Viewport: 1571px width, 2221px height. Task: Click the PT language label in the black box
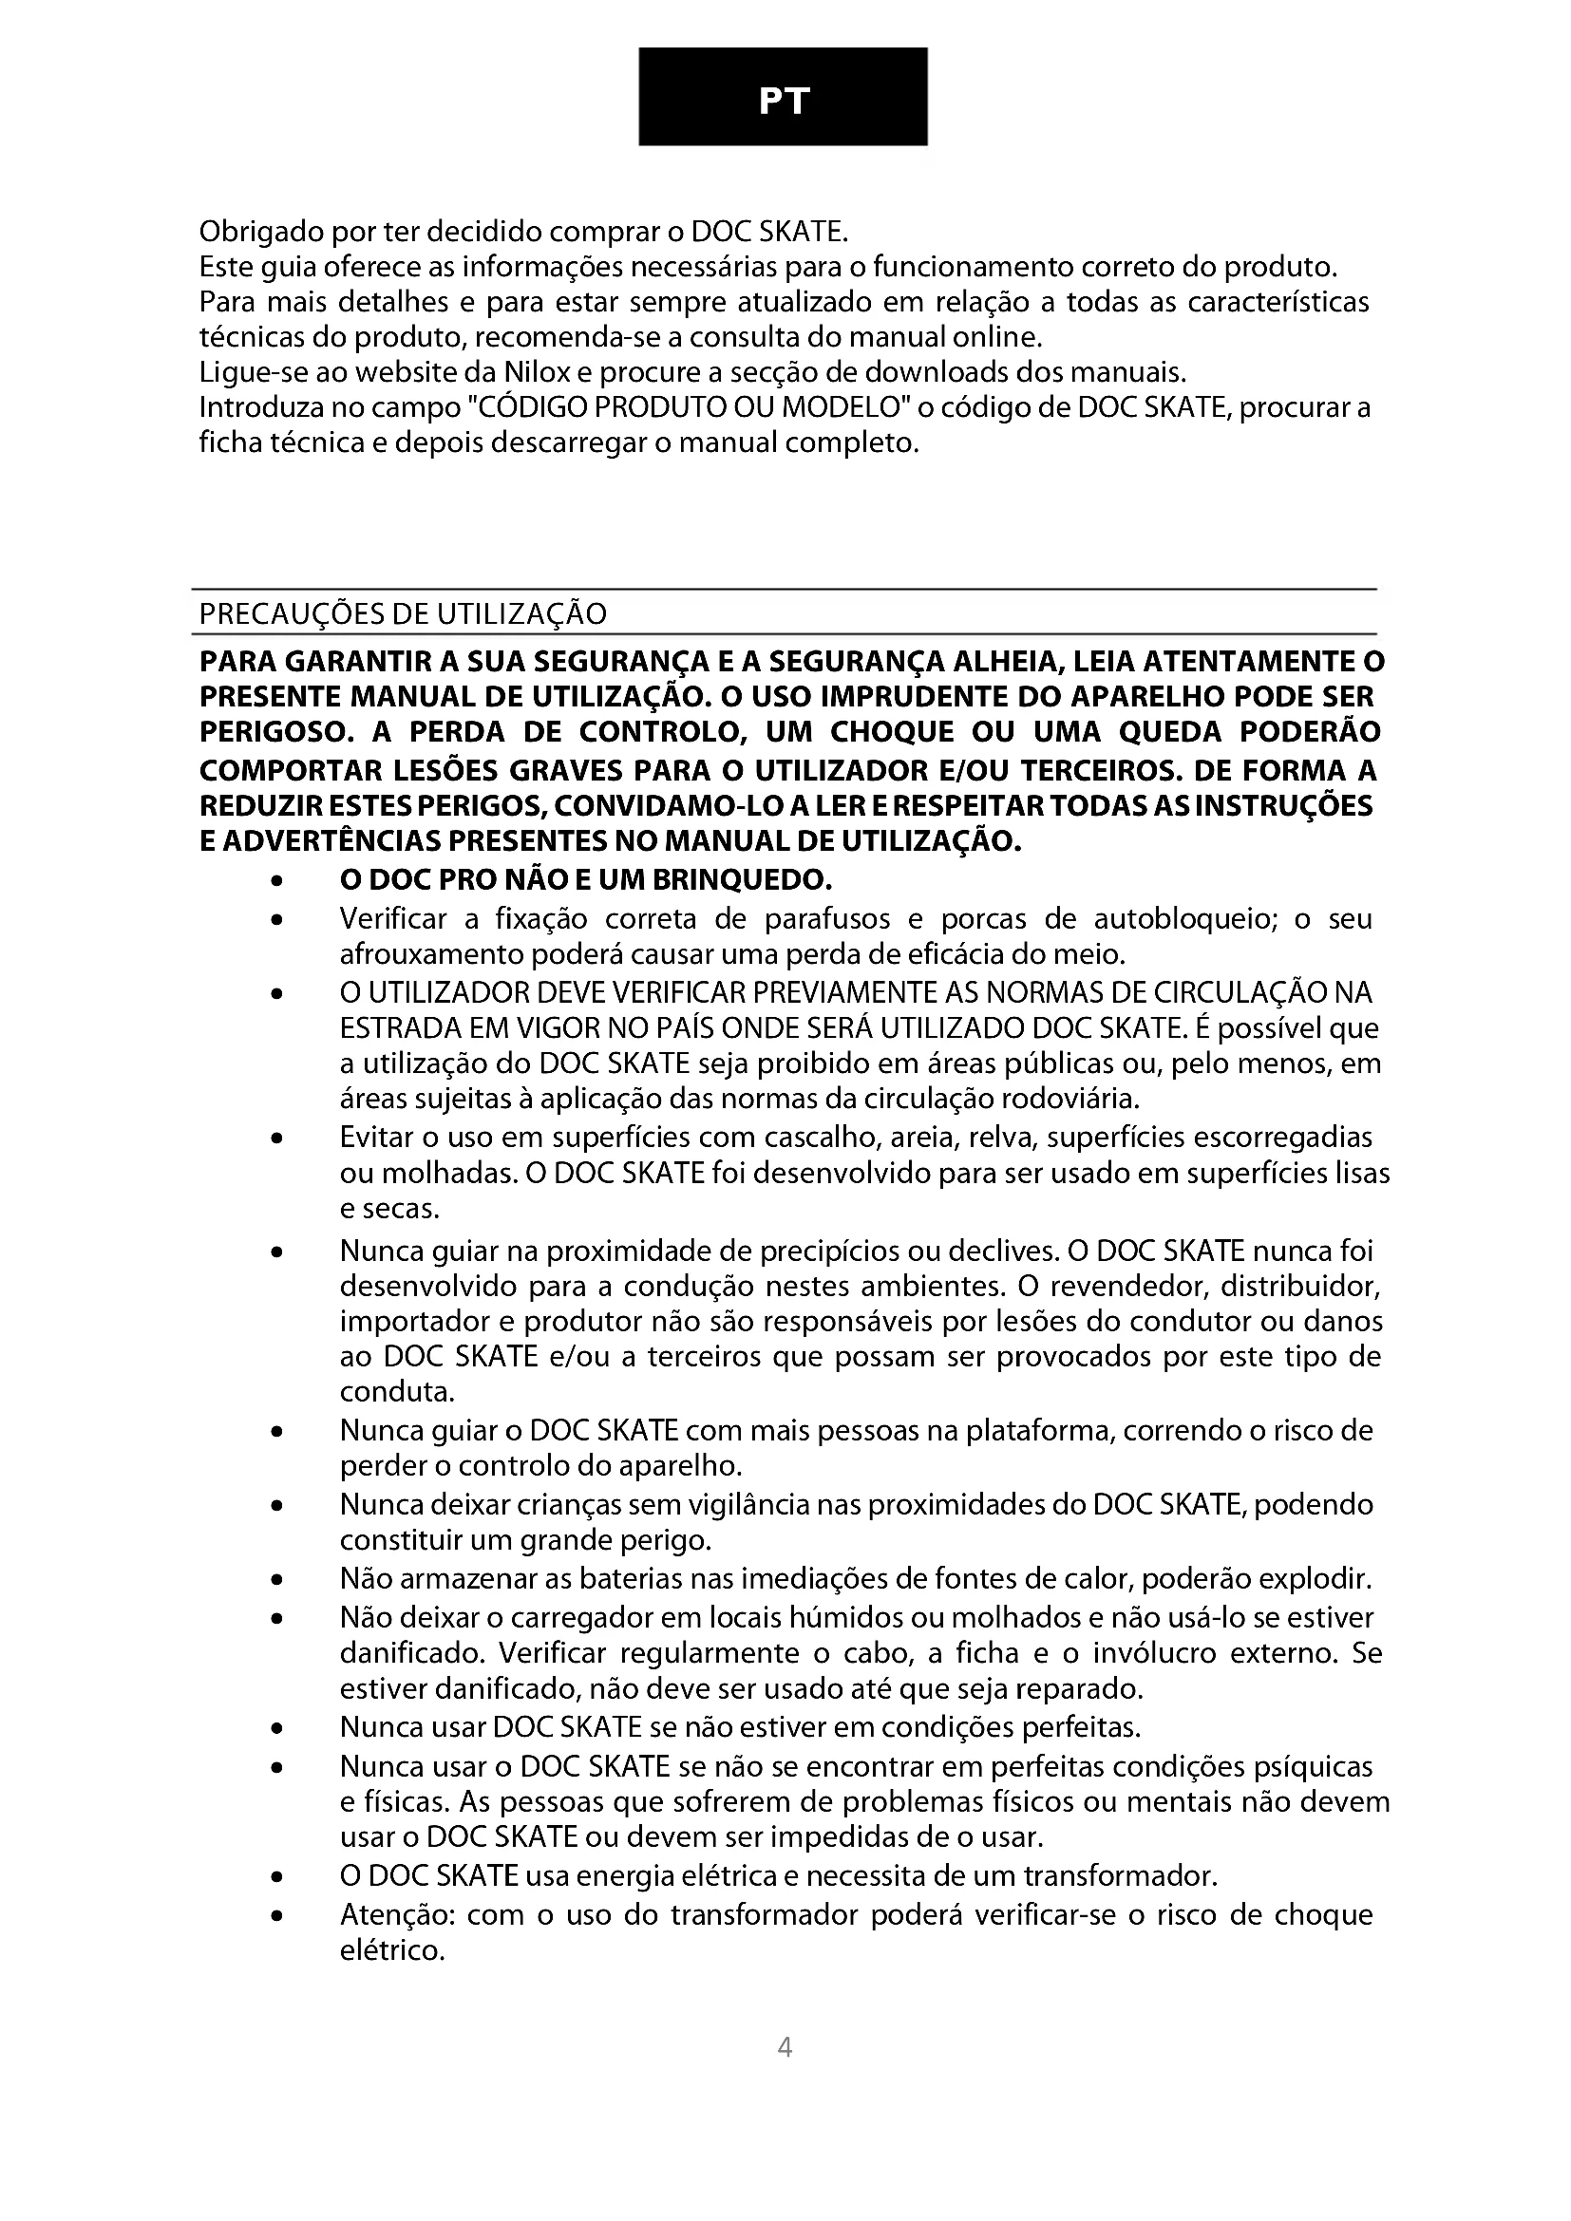pos(783,101)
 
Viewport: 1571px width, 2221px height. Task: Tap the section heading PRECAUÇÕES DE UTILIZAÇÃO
pos(403,613)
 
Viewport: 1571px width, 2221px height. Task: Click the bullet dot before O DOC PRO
pos(277,882)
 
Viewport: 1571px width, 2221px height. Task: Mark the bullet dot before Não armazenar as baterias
pos(277,1581)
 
